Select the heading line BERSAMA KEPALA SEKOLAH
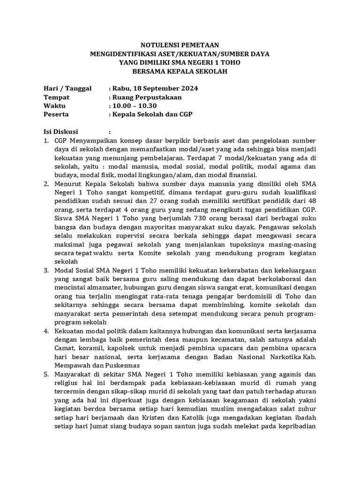[180, 72]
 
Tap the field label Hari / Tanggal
[67, 88]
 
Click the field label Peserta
[56, 114]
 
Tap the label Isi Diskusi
[61, 132]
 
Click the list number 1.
[46, 140]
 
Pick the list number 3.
[46, 270]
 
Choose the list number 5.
[46, 375]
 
